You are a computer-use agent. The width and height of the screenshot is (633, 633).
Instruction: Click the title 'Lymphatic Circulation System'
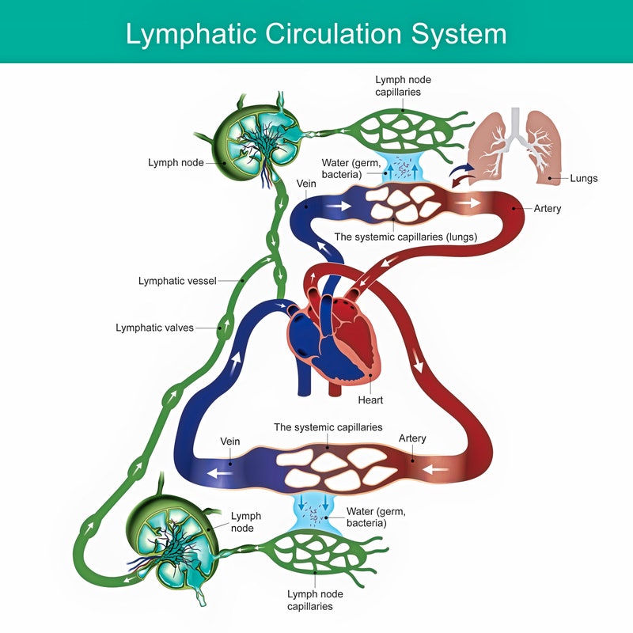click(316, 34)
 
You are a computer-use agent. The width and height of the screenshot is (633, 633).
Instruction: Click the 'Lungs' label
click(583, 179)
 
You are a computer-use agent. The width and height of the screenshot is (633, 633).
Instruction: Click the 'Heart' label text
click(370, 400)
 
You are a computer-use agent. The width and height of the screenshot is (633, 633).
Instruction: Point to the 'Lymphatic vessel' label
click(176, 281)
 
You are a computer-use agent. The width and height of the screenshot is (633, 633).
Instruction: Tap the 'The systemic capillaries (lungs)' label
click(405, 237)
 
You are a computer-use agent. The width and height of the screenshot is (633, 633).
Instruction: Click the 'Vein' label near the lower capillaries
click(229, 441)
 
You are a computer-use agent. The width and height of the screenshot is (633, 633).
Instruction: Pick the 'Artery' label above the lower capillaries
click(412, 438)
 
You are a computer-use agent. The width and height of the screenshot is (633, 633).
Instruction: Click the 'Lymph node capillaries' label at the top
click(404, 85)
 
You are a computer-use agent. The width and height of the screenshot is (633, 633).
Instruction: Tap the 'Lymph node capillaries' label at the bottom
click(310, 600)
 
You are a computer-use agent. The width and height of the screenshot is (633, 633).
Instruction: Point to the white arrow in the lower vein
click(220, 473)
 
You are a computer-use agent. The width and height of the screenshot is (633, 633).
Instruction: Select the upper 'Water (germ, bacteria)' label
click(342, 169)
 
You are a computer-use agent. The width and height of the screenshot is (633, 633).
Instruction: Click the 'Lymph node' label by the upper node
click(176, 163)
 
